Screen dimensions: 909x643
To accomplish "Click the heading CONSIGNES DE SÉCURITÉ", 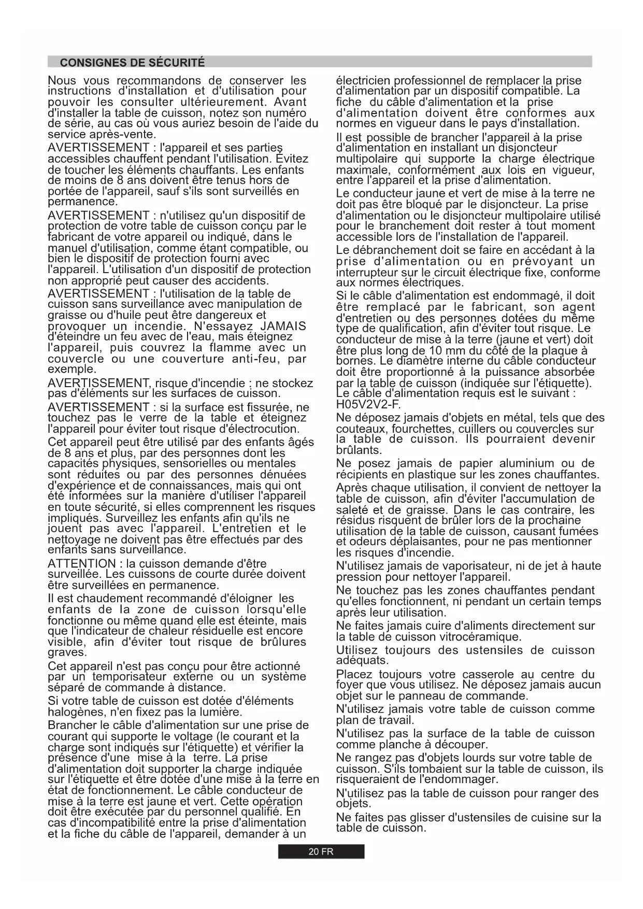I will (x=132, y=63).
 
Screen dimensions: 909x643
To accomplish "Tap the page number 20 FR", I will (x=321, y=851).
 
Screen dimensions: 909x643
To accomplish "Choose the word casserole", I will (x=487, y=674).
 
